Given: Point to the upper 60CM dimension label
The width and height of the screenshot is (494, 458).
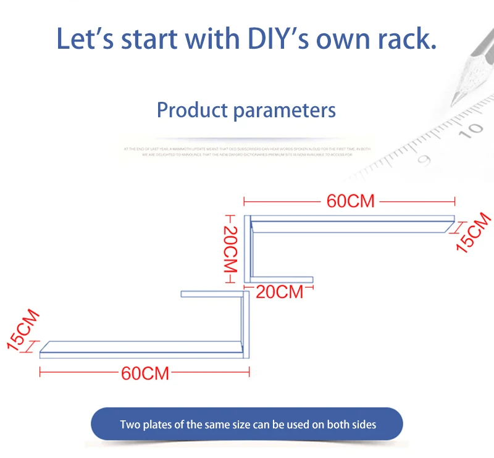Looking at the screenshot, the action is [350, 201].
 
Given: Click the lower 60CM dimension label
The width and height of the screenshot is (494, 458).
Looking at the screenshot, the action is [145, 373].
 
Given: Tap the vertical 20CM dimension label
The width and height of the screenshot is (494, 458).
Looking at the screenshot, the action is [230, 249].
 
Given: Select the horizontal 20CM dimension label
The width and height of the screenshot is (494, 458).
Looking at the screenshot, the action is [280, 291].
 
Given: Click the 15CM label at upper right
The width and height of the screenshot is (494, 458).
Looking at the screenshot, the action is [472, 232].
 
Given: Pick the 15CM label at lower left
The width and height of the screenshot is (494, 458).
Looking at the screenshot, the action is [23, 330].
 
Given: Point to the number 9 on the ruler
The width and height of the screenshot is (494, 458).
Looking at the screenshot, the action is [424, 159].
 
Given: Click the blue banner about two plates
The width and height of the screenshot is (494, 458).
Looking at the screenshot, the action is [247, 424].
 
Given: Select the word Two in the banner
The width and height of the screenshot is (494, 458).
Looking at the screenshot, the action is [130, 424].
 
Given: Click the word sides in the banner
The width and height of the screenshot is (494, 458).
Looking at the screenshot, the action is [362, 424].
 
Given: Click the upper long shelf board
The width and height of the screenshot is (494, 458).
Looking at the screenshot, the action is [352, 224].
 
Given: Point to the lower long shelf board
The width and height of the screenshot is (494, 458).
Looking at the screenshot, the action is [142, 349].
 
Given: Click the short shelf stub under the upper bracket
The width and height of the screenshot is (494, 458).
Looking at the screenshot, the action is [284, 280].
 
